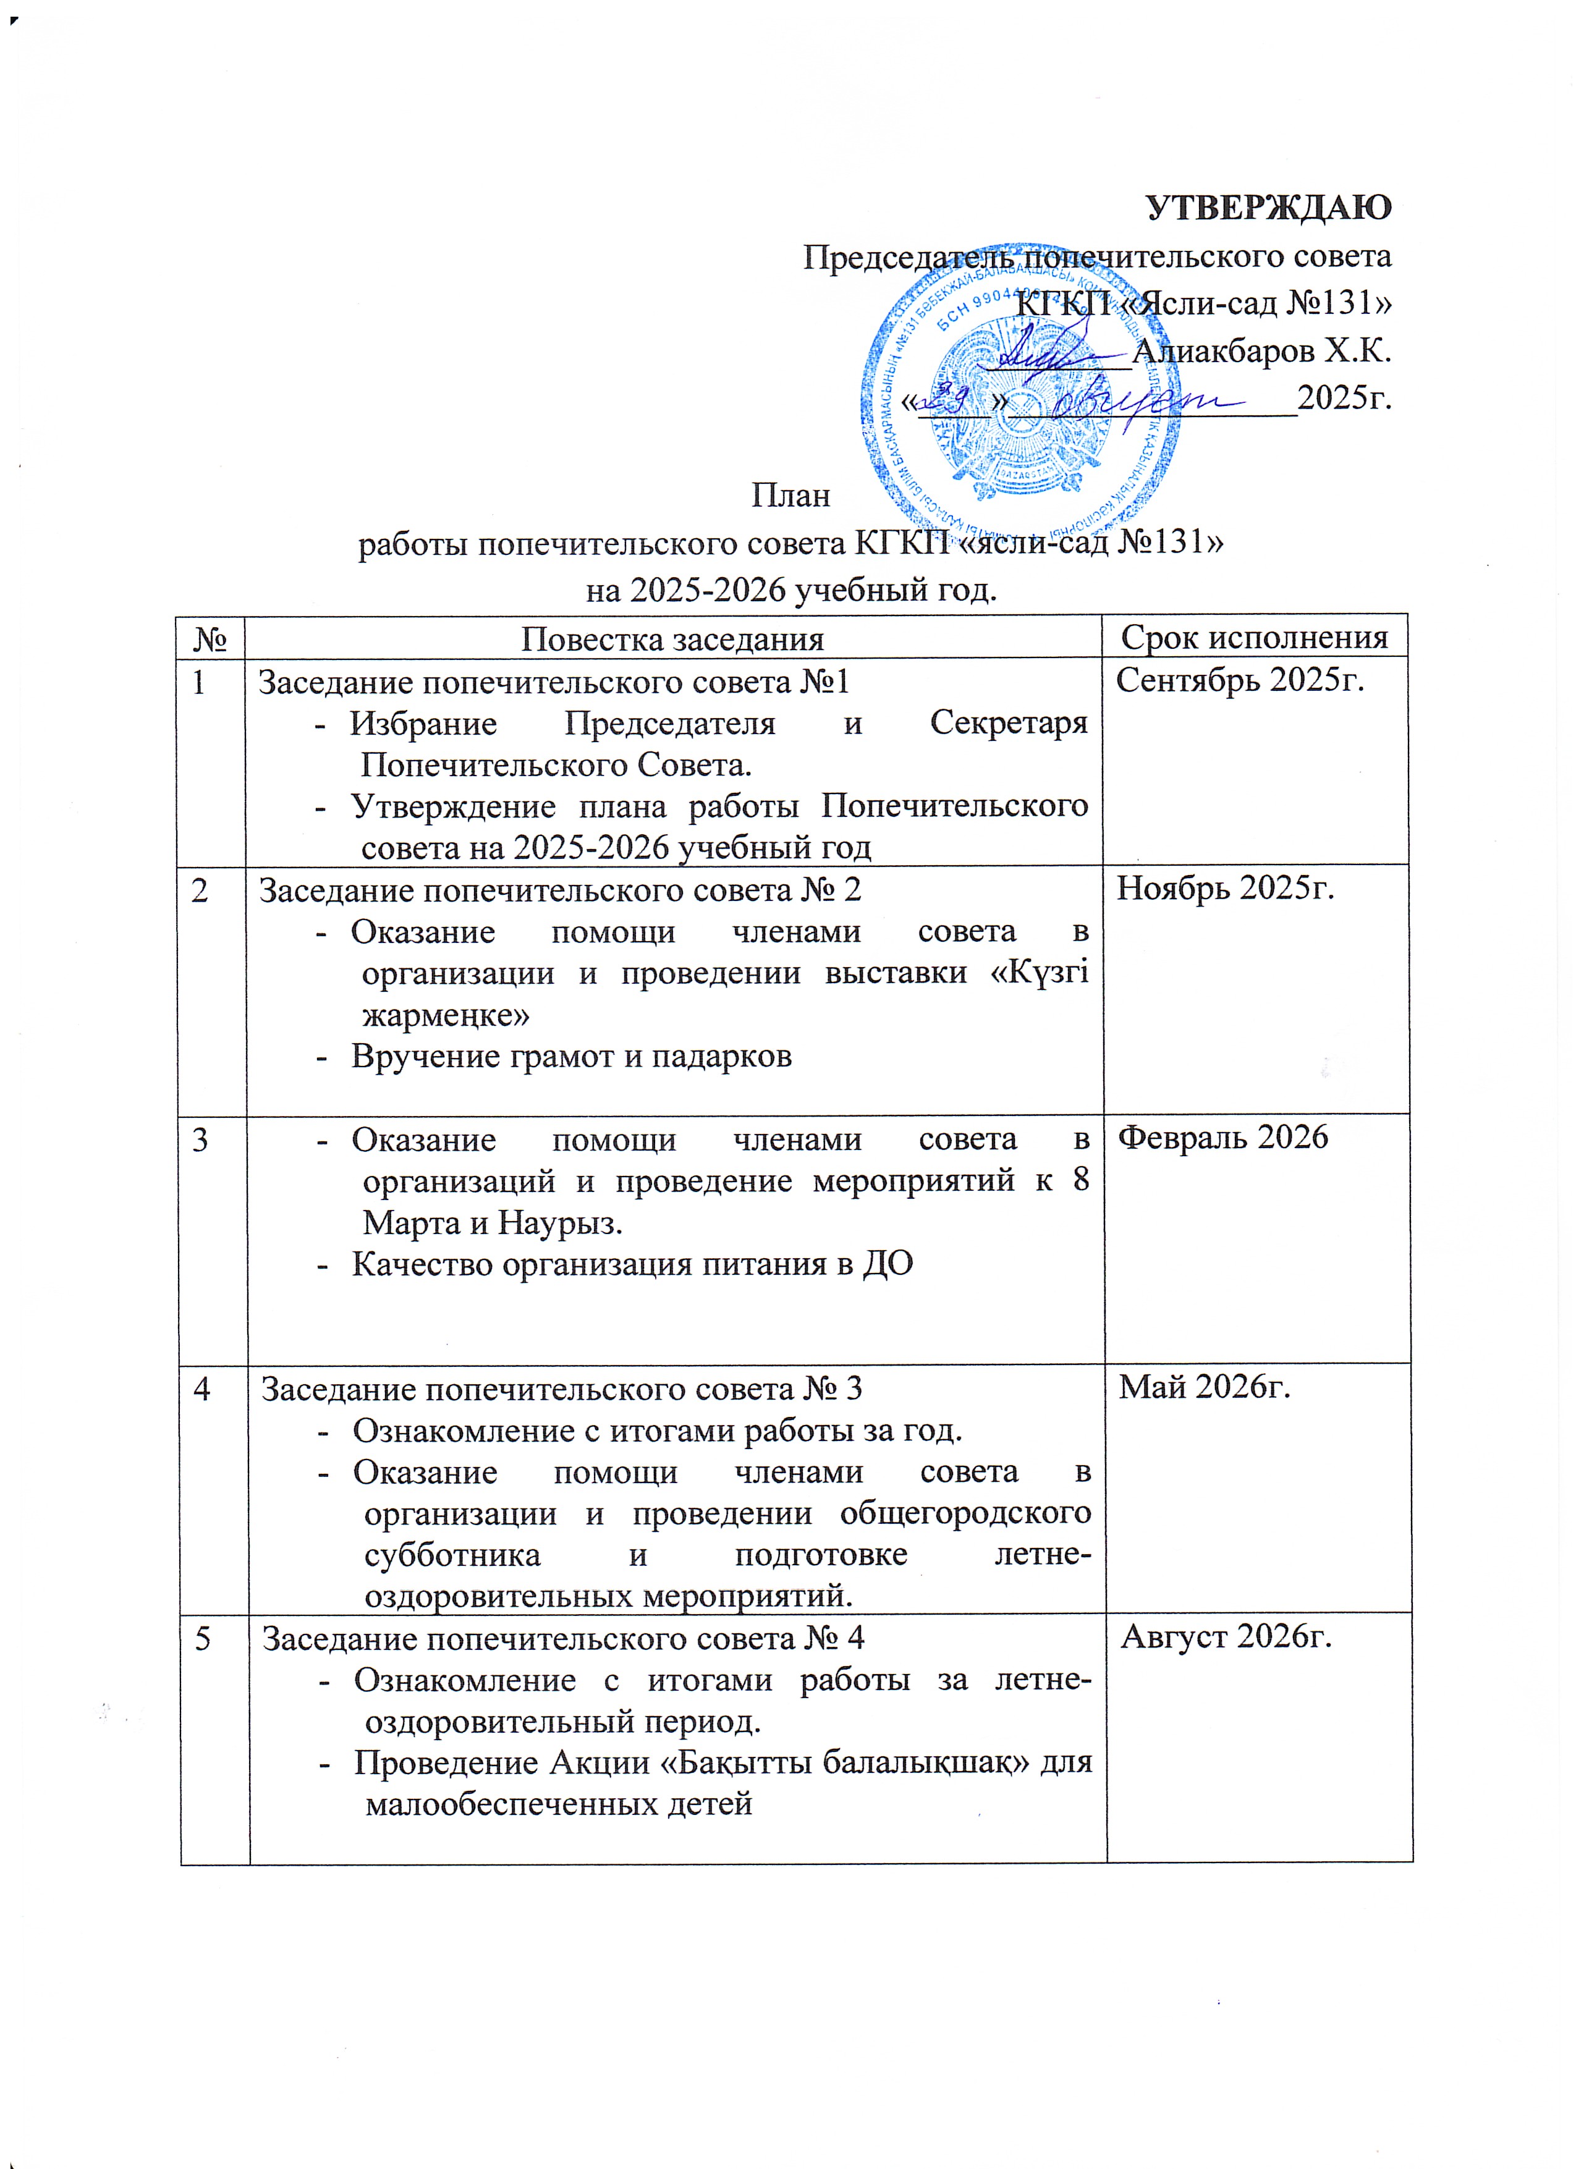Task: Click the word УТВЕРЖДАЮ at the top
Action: (x=1268, y=208)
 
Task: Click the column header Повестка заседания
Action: (x=672, y=638)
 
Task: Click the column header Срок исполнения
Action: (x=1254, y=637)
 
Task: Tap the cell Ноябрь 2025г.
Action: (x=1226, y=889)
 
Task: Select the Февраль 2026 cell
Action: (x=1223, y=1136)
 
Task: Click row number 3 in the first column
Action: (x=200, y=1139)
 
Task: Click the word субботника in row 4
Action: (x=452, y=1555)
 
